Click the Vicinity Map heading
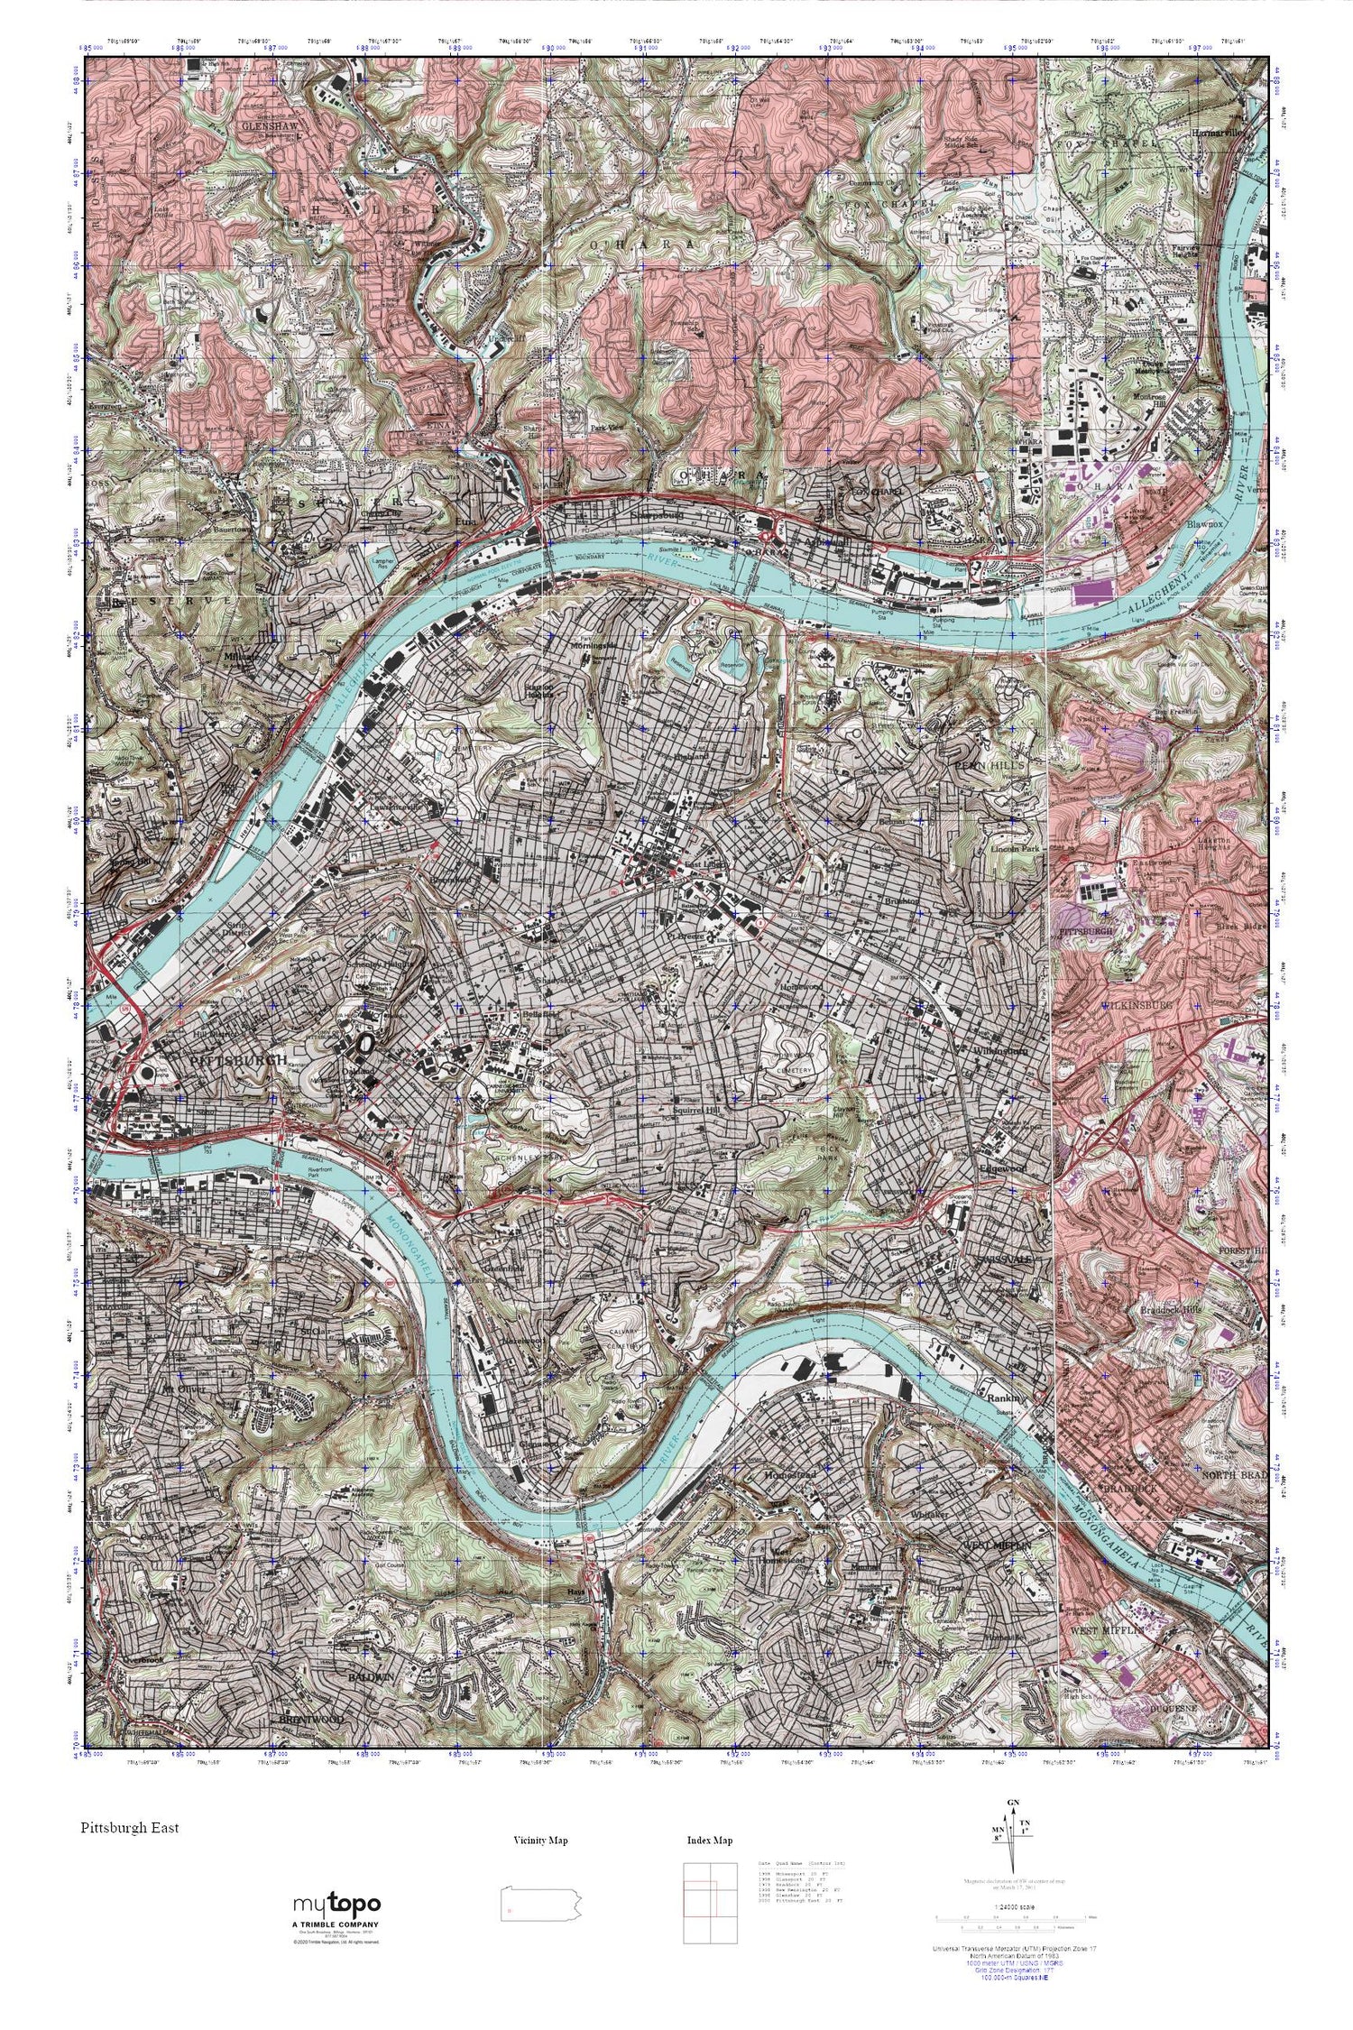[540, 1841]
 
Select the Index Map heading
[709, 1841]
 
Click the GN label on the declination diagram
[1014, 1804]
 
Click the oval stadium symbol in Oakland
[366, 1042]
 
